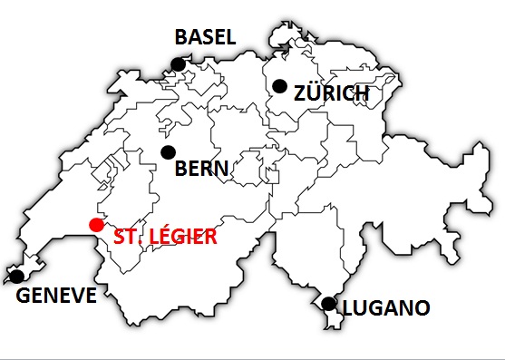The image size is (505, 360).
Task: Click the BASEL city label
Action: [x=205, y=37]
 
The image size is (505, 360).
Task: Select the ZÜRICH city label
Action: [x=332, y=93]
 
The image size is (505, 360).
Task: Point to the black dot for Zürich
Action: [x=280, y=86]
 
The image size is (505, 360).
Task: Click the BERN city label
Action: [x=201, y=169]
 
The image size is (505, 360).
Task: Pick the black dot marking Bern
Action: [x=168, y=152]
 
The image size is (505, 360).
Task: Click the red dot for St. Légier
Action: [x=95, y=225]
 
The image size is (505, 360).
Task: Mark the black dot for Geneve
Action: [x=16, y=276]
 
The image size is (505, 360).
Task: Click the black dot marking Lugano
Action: [x=328, y=304]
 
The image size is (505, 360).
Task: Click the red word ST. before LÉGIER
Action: [x=128, y=238]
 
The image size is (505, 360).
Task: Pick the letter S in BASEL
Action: [x=206, y=37]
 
